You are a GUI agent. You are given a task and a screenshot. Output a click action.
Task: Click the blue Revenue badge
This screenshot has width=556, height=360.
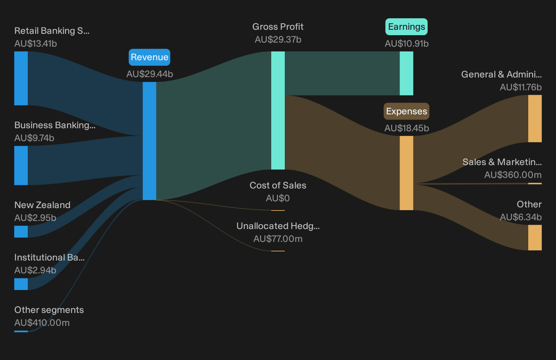click(149, 57)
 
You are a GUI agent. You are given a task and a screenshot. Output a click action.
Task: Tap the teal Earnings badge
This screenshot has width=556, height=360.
click(406, 27)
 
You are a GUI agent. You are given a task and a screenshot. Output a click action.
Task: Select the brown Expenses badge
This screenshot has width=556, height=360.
click(406, 111)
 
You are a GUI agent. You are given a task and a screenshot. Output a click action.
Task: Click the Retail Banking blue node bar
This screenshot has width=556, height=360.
click(21, 78)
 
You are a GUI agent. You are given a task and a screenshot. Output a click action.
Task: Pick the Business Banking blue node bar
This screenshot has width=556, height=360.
click(21, 165)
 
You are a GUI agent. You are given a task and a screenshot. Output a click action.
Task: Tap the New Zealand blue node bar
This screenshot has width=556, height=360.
click(21, 232)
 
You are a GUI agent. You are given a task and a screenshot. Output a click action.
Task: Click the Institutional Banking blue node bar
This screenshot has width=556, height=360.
click(21, 284)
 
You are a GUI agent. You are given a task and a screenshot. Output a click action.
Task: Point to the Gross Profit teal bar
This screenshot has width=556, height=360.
click(278, 111)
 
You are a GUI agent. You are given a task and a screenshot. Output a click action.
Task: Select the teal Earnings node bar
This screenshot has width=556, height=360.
click(406, 73)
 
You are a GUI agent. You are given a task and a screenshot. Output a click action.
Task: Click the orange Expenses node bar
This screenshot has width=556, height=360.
click(406, 173)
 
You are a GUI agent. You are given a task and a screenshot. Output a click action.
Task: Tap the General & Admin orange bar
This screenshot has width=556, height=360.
click(535, 119)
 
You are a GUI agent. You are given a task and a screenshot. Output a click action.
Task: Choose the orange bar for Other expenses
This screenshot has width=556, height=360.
click(535, 238)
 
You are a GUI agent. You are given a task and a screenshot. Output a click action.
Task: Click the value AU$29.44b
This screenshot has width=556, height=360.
click(150, 74)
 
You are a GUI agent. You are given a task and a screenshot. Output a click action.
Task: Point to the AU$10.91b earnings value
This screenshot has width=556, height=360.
click(407, 44)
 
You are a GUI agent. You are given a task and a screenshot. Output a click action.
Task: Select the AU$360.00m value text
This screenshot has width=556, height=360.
click(513, 175)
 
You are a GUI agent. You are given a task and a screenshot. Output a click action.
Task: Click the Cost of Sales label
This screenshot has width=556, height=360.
click(278, 185)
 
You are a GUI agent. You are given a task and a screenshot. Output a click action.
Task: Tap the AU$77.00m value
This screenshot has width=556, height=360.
click(278, 239)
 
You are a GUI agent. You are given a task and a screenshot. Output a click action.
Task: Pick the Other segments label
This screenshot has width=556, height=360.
click(49, 310)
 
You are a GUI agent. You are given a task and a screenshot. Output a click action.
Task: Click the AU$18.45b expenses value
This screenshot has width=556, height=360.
click(407, 128)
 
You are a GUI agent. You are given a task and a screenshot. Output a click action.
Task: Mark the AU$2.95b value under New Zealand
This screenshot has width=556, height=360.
click(35, 218)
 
